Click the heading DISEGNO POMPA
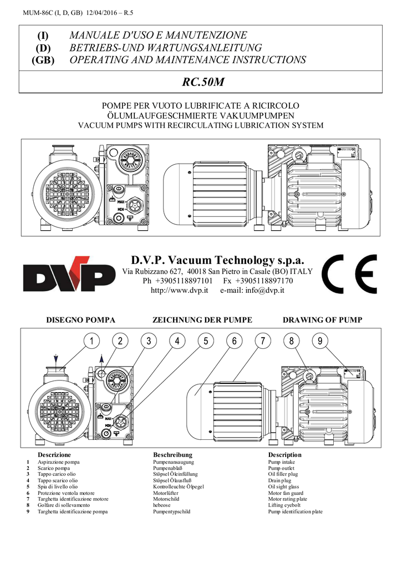tap(80, 320)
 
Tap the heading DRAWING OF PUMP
tap(322, 320)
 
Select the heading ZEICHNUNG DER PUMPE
tap(202, 320)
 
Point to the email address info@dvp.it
tap(265, 291)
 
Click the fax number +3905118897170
tap(263, 281)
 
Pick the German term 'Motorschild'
tap(167, 499)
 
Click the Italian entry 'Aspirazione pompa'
tap(58, 461)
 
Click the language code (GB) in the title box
tap(43, 60)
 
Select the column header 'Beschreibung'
tap(172, 455)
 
